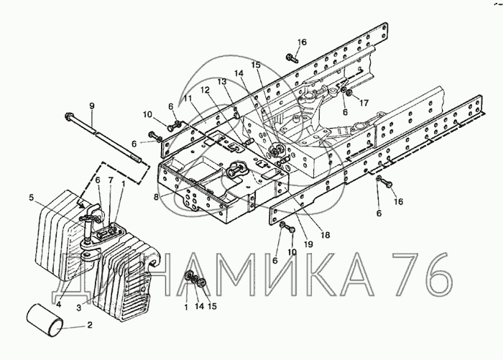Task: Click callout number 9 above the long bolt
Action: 92,106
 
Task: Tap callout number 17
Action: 364,103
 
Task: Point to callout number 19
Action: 308,244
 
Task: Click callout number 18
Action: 325,235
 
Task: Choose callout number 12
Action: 205,90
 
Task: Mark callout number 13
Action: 222,82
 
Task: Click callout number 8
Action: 156,196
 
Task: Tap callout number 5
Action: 31,198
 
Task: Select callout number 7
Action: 111,180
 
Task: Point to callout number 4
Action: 58,304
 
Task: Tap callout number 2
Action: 90,325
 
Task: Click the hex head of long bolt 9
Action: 68,116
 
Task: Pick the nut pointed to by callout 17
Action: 349,93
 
